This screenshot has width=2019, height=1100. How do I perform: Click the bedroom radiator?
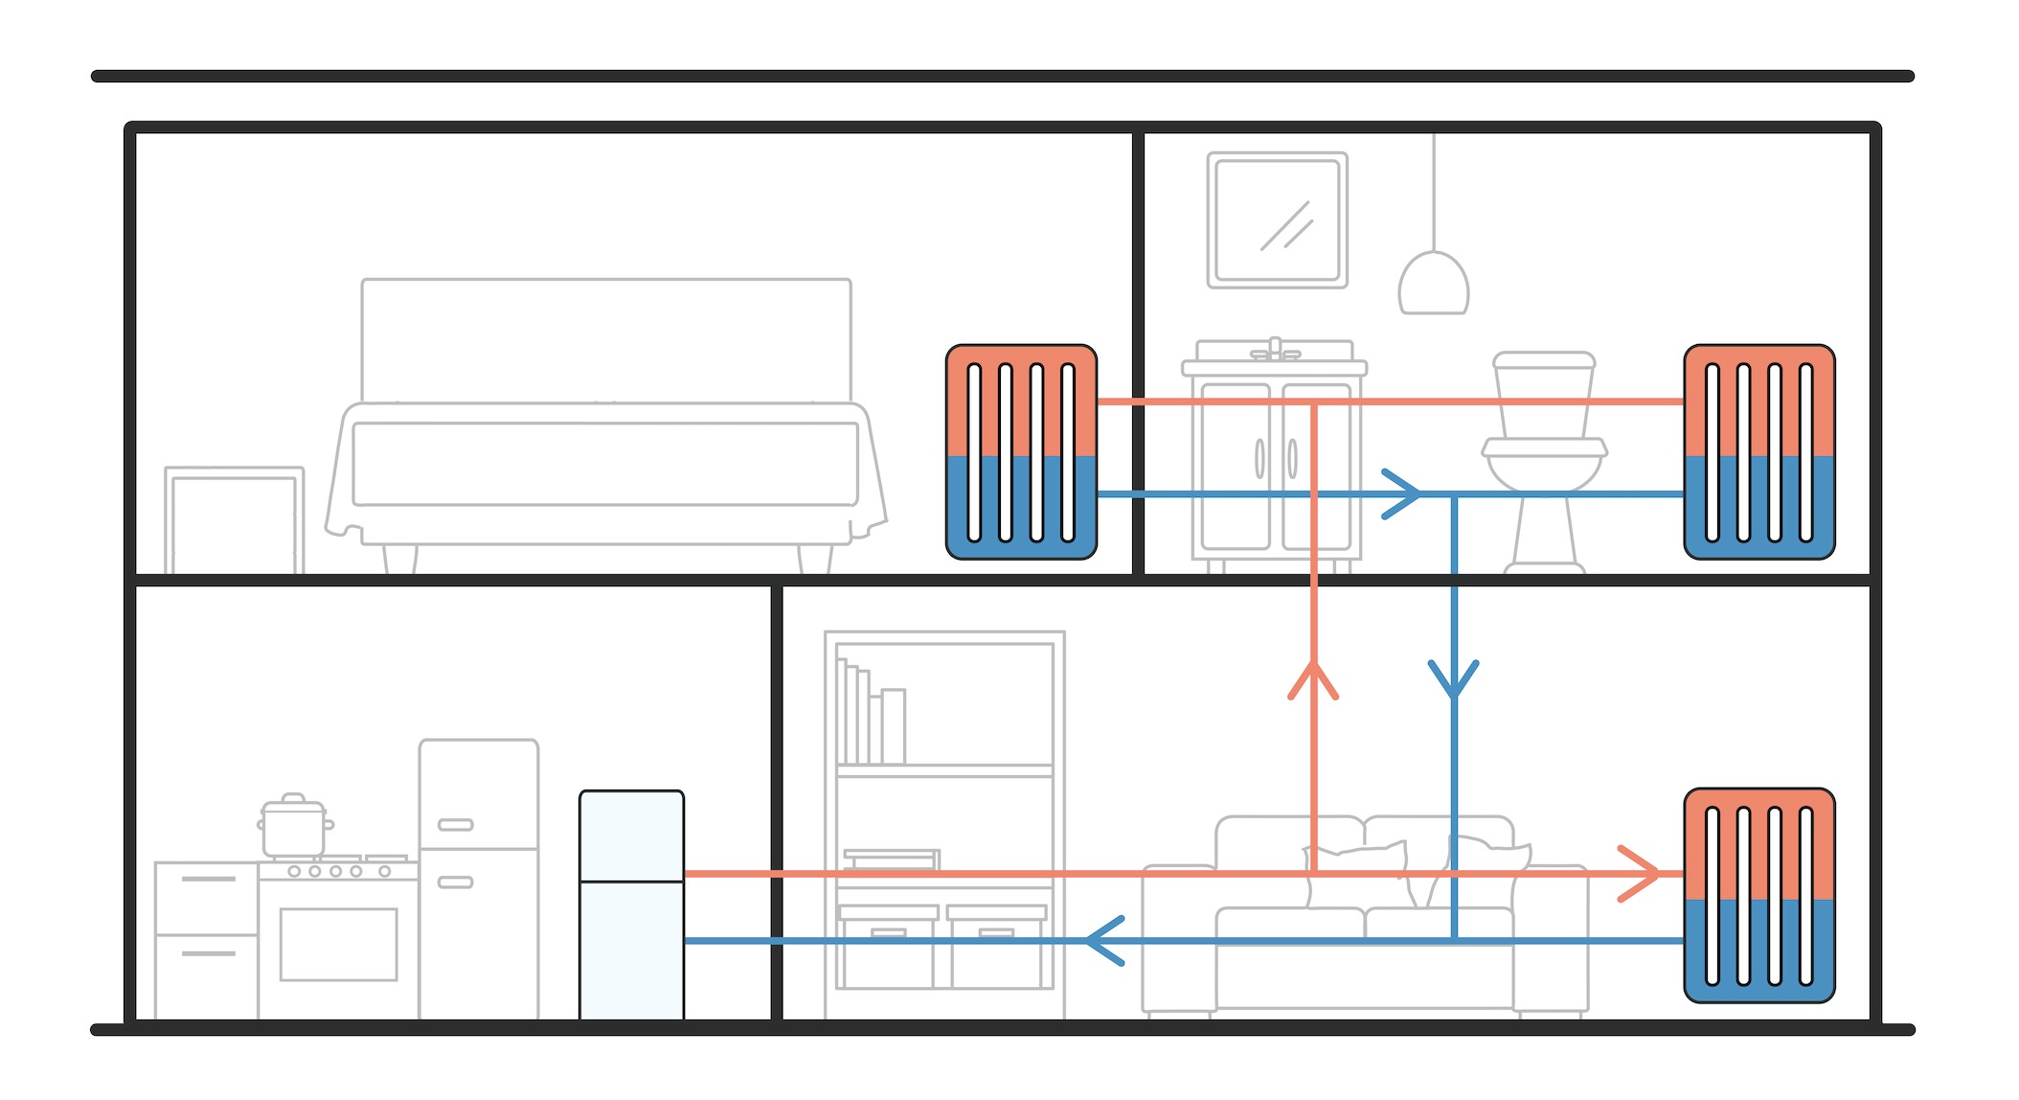[1021, 451]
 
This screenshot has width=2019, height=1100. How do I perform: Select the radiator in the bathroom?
[1759, 451]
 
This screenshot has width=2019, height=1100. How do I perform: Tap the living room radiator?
[1759, 895]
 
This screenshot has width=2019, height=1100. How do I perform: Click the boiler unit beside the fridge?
[631, 905]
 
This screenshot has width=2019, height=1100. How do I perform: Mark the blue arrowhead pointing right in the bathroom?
[1403, 494]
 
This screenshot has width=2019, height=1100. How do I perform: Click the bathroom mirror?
[1277, 219]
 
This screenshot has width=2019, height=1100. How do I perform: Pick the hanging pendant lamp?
[1433, 284]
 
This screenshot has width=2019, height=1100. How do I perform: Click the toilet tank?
[1544, 393]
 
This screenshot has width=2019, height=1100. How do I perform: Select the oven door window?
[338, 944]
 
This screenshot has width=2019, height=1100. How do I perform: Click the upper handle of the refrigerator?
[455, 824]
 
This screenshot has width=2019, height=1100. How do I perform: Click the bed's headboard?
[605, 339]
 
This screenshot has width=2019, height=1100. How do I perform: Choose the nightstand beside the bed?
[234, 520]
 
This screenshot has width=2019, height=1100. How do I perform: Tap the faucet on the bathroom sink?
[1275, 349]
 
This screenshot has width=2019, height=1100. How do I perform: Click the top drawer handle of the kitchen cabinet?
[208, 878]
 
